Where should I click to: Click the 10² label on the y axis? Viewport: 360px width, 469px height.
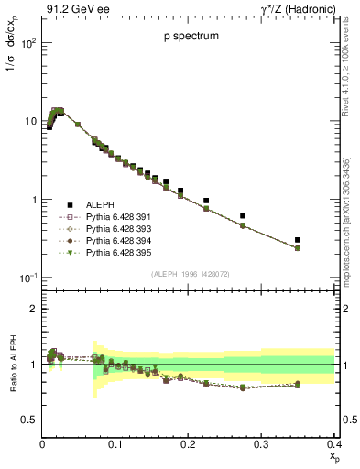pyautogui.click(x=27, y=43)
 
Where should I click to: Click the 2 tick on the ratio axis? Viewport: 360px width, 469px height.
pyautogui.click(x=33, y=309)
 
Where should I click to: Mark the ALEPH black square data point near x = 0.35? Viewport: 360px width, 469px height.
pyautogui.click(x=323, y=240)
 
